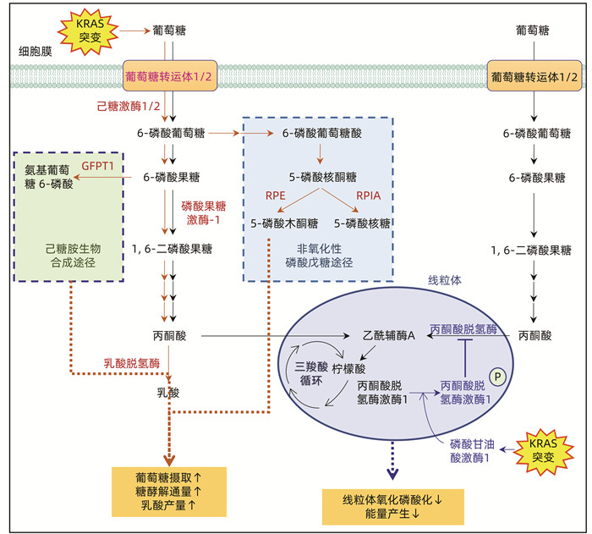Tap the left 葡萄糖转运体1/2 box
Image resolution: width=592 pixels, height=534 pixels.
coord(173,77)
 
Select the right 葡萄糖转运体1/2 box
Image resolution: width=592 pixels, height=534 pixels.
coord(534,77)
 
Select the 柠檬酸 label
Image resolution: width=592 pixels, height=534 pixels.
coord(348,369)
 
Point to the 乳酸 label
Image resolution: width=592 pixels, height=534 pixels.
coord(169,394)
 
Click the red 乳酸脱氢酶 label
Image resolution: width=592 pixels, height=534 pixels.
coord(131,361)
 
